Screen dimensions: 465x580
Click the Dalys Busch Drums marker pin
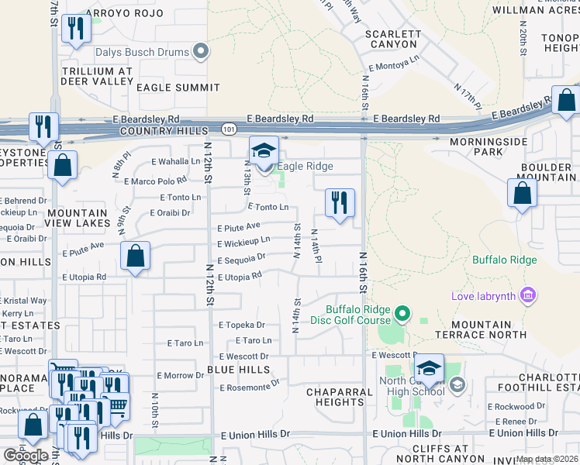pyautogui.click(x=202, y=53)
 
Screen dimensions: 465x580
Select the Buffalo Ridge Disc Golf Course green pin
pyautogui.click(x=402, y=314)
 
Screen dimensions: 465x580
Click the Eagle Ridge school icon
pyautogui.click(x=264, y=150)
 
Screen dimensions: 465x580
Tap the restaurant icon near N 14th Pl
pyautogui.click(x=339, y=203)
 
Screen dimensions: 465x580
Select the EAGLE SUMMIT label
pyautogui.click(x=178, y=88)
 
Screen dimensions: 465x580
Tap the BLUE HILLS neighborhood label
pyautogui.click(x=239, y=370)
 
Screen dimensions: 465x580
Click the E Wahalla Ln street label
pyautogui.click(x=176, y=161)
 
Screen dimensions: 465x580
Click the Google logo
pyautogui.click(x=26, y=455)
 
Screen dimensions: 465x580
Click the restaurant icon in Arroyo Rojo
pyautogui.click(x=76, y=29)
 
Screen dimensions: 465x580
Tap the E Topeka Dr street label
pyautogui.click(x=242, y=325)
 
